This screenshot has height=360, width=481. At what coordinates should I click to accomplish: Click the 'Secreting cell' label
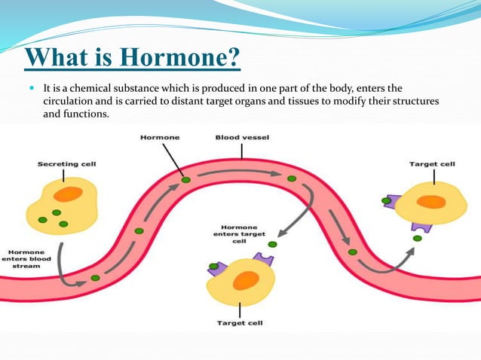click(x=67, y=163)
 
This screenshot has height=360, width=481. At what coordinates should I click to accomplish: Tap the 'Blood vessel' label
click(x=242, y=138)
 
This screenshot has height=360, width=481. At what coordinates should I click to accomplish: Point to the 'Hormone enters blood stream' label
click(x=26, y=260)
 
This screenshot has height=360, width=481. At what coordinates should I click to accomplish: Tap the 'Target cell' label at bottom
click(x=240, y=322)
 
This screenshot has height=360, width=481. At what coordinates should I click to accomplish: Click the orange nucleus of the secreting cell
click(x=68, y=194)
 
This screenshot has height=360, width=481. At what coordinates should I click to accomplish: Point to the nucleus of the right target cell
click(x=432, y=202)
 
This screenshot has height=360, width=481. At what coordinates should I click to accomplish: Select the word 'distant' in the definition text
click(x=227, y=101)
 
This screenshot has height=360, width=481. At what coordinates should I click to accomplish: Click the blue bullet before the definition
click(x=32, y=89)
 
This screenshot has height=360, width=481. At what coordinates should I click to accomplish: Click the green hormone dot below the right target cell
click(x=417, y=239)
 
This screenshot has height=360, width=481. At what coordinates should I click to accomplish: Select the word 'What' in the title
click(x=57, y=58)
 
